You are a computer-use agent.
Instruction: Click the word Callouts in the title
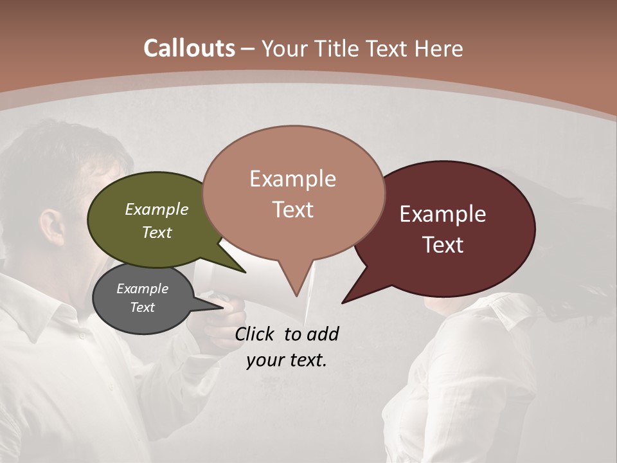tap(189, 48)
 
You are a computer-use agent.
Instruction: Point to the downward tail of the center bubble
tap(296, 283)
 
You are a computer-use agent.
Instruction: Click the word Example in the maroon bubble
tap(443, 214)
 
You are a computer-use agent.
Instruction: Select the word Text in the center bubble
tap(293, 210)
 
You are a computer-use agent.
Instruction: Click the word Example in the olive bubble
tap(157, 209)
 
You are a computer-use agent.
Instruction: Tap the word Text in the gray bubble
tap(142, 307)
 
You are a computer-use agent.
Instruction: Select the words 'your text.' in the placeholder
tap(287, 360)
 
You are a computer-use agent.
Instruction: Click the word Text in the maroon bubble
tap(443, 245)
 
